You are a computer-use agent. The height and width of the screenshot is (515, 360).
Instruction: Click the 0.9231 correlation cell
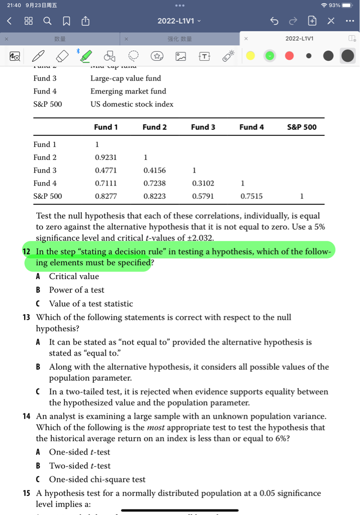pyautogui.click(x=106, y=157)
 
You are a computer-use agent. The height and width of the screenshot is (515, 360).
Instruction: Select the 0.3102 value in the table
pyautogui.click(x=203, y=183)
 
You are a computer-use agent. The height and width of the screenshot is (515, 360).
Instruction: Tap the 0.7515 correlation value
pyautogui.click(x=251, y=196)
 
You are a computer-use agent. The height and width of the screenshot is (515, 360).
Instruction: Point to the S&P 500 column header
pyautogui.click(x=302, y=127)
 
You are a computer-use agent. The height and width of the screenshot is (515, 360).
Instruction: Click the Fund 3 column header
pyautogui.click(x=203, y=127)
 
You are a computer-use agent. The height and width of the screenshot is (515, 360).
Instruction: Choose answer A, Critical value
pyautogui.click(x=74, y=276)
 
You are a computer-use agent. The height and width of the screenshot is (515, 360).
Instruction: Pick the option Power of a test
pyautogui.click(x=76, y=290)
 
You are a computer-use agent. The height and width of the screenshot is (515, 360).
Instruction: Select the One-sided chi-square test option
pyautogui.click(x=97, y=479)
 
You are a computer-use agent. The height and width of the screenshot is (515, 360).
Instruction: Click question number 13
pyautogui.click(x=27, y=317)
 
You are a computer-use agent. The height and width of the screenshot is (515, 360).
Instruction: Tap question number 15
pyautogui.click(x=27, y=493)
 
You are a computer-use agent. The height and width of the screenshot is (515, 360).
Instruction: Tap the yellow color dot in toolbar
pyautogui.click(x=250, y=56)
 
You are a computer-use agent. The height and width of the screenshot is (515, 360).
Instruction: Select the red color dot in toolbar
pyautogui.click(x=289, y=56)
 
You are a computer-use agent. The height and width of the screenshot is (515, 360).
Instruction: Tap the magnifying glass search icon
pyautogui.click(x=47, y=21)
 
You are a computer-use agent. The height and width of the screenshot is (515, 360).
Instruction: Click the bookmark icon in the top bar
pyautogui.click(x=66, y=21)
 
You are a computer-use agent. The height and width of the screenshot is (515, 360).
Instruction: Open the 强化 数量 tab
pyautogui.click(x=179, y=39)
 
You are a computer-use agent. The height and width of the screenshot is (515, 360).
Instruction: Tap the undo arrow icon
pyautogui.click(x=274, y=21)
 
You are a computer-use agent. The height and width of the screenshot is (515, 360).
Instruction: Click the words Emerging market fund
pyautogui.click(x=128, y=91)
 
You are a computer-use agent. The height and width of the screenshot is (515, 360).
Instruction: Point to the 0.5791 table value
pyautogui.click(x=203, y=196)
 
